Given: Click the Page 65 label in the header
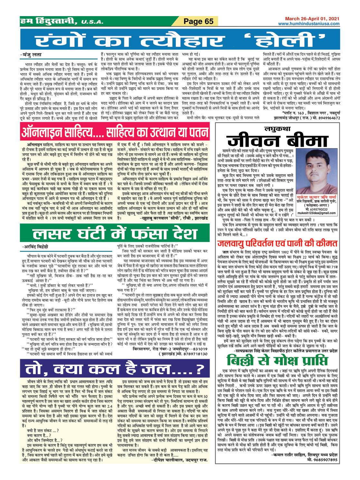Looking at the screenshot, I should tap(198, 22).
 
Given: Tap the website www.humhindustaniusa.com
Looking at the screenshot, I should tap(308, 24).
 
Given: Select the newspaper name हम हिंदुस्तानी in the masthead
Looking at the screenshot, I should tap(49, 22).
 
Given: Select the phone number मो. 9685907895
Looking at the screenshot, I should tap(322, 459).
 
